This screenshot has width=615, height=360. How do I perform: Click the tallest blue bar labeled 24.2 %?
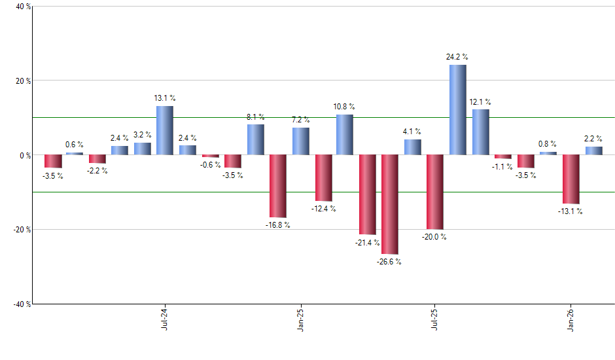[x=458, y=110]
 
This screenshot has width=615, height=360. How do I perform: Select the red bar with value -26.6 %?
[x=391, y=204]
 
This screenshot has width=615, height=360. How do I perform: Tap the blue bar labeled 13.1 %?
[x=165, y=130]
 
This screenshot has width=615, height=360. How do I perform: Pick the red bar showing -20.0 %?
[x=435, y=192]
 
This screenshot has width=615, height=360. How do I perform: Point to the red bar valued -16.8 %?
[x=278, y=186]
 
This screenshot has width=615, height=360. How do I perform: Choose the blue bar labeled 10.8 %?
[x=345, y=135]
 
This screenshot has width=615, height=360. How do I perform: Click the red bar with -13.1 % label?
[x=571, y=179]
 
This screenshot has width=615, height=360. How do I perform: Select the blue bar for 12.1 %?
[x=480, y=132]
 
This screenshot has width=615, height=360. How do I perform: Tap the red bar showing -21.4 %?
[x=368, y=194]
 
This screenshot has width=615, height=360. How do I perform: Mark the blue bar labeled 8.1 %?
[x=256, y=139]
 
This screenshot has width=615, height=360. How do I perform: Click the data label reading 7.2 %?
[x=301, y=120]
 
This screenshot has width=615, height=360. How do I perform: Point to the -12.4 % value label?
[x=323, y=209]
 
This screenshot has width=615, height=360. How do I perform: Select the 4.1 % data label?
[x=412, y=132]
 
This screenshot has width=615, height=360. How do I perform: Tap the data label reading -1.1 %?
[x=502, y=166]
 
